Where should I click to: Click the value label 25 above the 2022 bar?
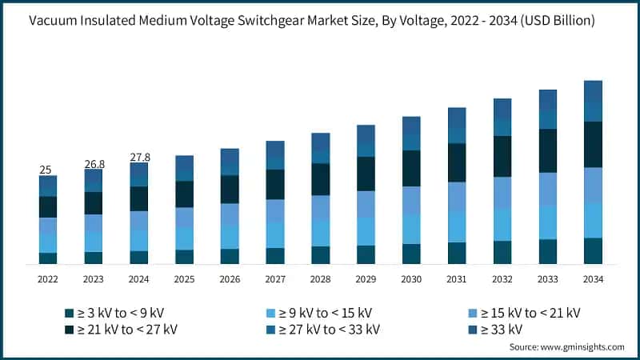click(x=46, y=170)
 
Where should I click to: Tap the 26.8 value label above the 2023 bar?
click(x=94, y=164)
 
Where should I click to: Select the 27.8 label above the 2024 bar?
click(x=139, y=158)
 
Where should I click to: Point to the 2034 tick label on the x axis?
click(x=593, y=279)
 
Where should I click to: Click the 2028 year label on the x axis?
click(x=320, y=279)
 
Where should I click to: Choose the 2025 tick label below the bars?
click(x=184, y=279)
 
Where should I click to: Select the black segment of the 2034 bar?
click(x=593, y=144)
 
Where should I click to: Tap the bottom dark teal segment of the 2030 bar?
click(x=411, y=254)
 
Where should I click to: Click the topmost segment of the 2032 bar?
click(x=502, y=109)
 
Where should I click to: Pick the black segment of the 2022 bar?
click(x=48, y=206)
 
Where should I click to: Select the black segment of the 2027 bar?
click(x=275, y=184)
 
